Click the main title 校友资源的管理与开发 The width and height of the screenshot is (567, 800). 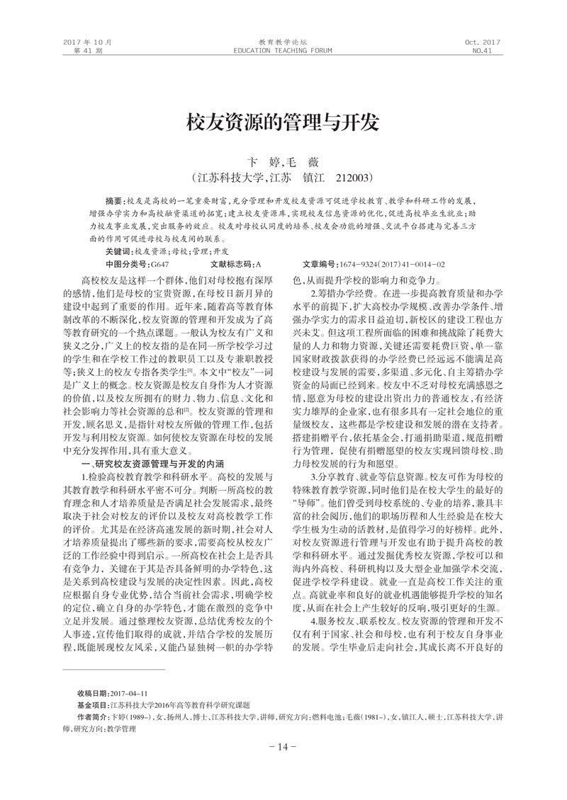(283, 122)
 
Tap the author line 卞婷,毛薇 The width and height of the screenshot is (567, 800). (283, 162)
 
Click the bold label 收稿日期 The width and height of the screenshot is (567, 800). (93, 692)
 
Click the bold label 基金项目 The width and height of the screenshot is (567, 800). (93, 705)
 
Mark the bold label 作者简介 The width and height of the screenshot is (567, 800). (93, 717)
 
